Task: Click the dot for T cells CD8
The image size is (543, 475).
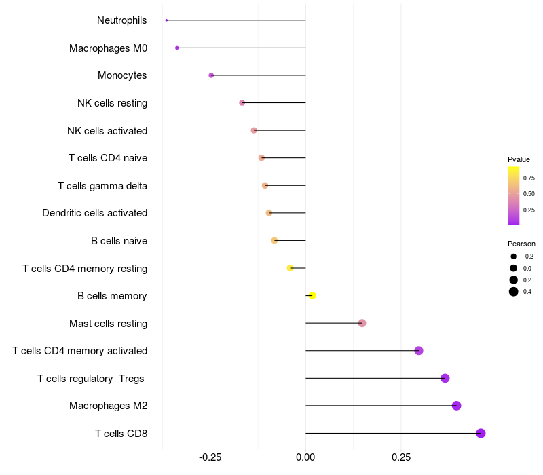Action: point(481,433)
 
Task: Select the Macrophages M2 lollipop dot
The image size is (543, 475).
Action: point(456,406)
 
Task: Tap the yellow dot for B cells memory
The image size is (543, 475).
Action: point(312,295)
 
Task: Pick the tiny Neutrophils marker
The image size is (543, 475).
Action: point(166,20)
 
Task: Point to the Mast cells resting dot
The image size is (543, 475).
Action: point(362,323)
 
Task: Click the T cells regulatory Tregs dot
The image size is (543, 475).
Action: point(445,378)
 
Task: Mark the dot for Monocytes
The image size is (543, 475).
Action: point(211,75)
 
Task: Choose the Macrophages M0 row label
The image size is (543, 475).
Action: point(108,48)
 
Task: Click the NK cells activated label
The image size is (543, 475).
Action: point(107,130)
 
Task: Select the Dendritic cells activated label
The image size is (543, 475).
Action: point(94,213)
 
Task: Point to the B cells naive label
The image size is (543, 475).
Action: point(119,241)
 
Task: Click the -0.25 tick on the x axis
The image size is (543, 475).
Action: point(210,459)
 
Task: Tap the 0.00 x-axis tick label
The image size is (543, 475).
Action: point(305,459)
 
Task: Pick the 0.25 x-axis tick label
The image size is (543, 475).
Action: point(400,459)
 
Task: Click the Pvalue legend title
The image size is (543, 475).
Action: point(519,159)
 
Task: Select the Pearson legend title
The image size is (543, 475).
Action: point(521,244)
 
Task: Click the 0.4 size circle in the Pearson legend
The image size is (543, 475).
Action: point(514,292)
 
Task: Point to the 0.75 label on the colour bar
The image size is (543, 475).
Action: point(529,178)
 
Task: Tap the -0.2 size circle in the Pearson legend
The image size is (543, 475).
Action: point(514,256)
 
